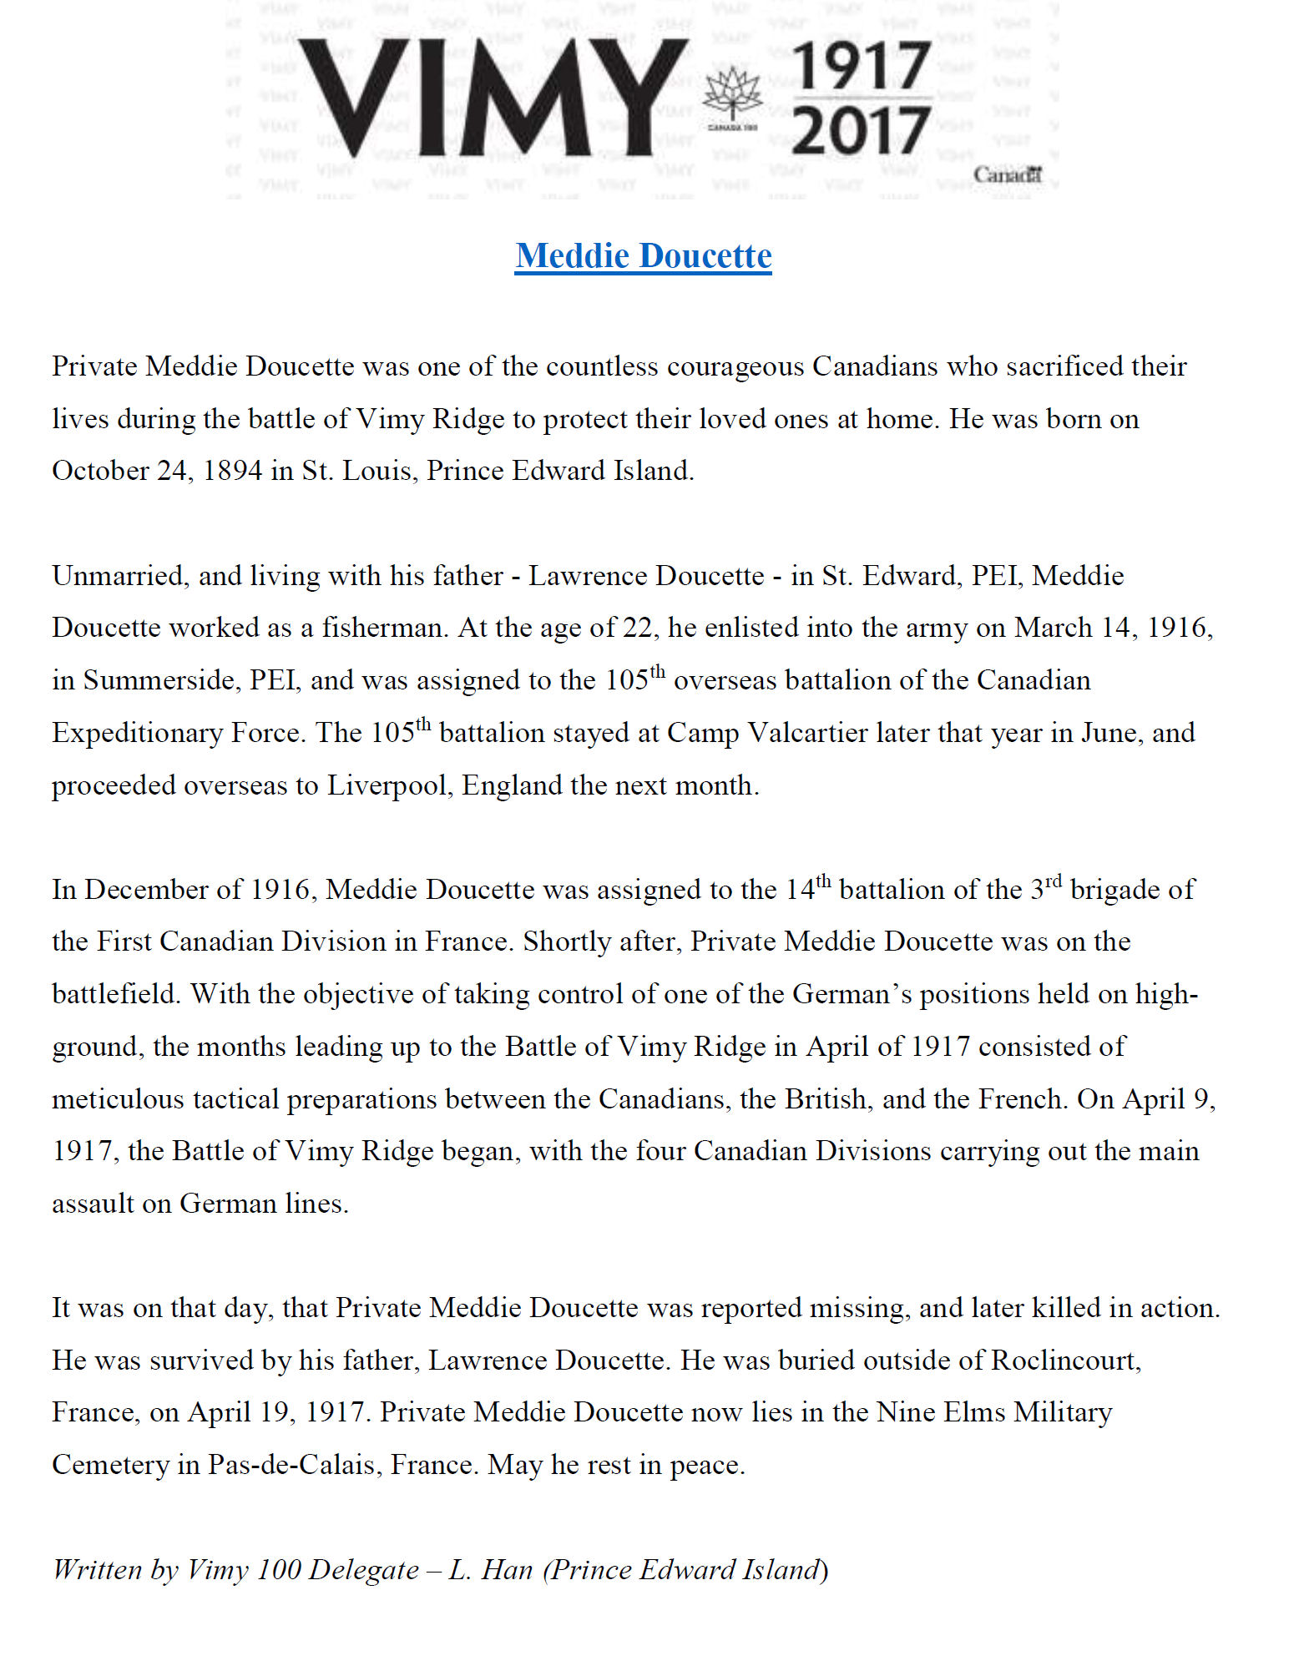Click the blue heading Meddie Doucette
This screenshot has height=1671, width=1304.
643,255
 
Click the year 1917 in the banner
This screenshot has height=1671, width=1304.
861,67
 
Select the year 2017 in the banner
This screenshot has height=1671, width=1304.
861,130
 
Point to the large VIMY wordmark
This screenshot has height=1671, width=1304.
493,98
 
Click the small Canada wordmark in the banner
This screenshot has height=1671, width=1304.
1008,175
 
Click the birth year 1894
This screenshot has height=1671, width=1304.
232,471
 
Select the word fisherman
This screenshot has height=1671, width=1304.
383,628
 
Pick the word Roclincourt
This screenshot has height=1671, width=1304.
1065,1361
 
